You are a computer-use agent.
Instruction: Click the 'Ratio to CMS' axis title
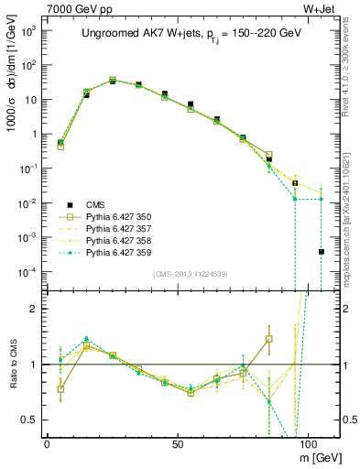(x=11, y=364)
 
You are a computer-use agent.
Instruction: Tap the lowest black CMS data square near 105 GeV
(x=322, y=252)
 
